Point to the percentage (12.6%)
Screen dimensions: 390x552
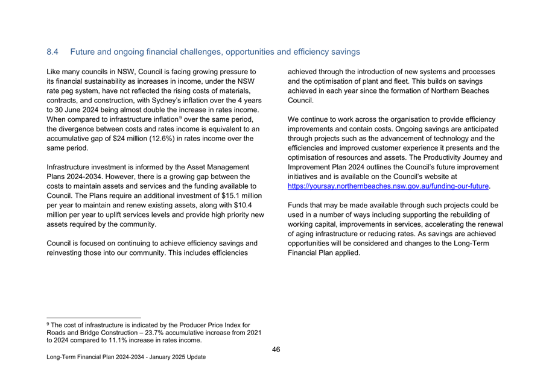[x=176, y=138]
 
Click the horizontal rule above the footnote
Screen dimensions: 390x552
[x=94, y=318]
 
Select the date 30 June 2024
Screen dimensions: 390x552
[x=81, y=110]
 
